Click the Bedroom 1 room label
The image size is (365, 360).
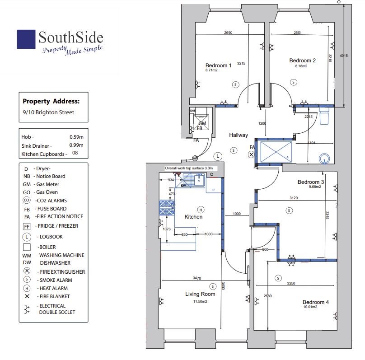click(218, 65)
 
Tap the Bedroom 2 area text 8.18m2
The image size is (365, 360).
click(301, 66)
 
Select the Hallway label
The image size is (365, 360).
click(239, 135)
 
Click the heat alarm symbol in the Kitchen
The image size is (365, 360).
click(201, 210)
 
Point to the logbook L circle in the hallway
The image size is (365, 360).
click(218, 156)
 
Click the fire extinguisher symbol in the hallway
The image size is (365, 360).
click(251, 154)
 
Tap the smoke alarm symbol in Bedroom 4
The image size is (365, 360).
click(278, 278)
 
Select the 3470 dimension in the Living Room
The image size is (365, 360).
click(197, 278)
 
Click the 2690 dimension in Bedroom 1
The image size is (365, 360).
click(228, 33)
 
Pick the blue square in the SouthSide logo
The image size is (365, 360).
click(26, 39)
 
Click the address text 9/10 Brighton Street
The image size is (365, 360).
click(48, 112)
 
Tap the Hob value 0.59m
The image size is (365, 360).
click(76, 137)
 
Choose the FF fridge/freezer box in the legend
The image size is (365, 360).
click(27, 226)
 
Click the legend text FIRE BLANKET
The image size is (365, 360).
click(55, 296)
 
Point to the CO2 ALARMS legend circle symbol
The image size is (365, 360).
click(27, 200)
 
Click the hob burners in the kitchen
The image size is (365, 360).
click(167, 208)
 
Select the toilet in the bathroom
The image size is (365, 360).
click(324, 116)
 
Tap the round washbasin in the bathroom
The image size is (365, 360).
click(324, 159)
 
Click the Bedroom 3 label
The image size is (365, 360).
click(311, 182)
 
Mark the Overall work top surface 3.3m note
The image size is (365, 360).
click(189, 168)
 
